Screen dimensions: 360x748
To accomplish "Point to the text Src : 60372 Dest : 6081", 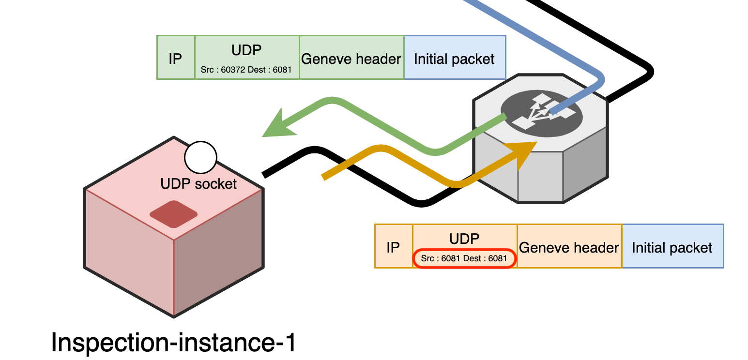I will coord(246,70).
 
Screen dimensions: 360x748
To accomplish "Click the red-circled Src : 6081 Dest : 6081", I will coord(464,258).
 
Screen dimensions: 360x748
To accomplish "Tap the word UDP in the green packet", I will coord(246,50).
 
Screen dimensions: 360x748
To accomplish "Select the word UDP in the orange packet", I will coord(464,239).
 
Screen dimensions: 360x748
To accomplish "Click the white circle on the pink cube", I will coord(200,158).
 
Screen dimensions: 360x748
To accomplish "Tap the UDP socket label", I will coord(198,184).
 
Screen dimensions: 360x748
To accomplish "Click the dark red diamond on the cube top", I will coord(174,213).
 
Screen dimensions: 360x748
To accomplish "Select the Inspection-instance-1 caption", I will coord(173,343).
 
